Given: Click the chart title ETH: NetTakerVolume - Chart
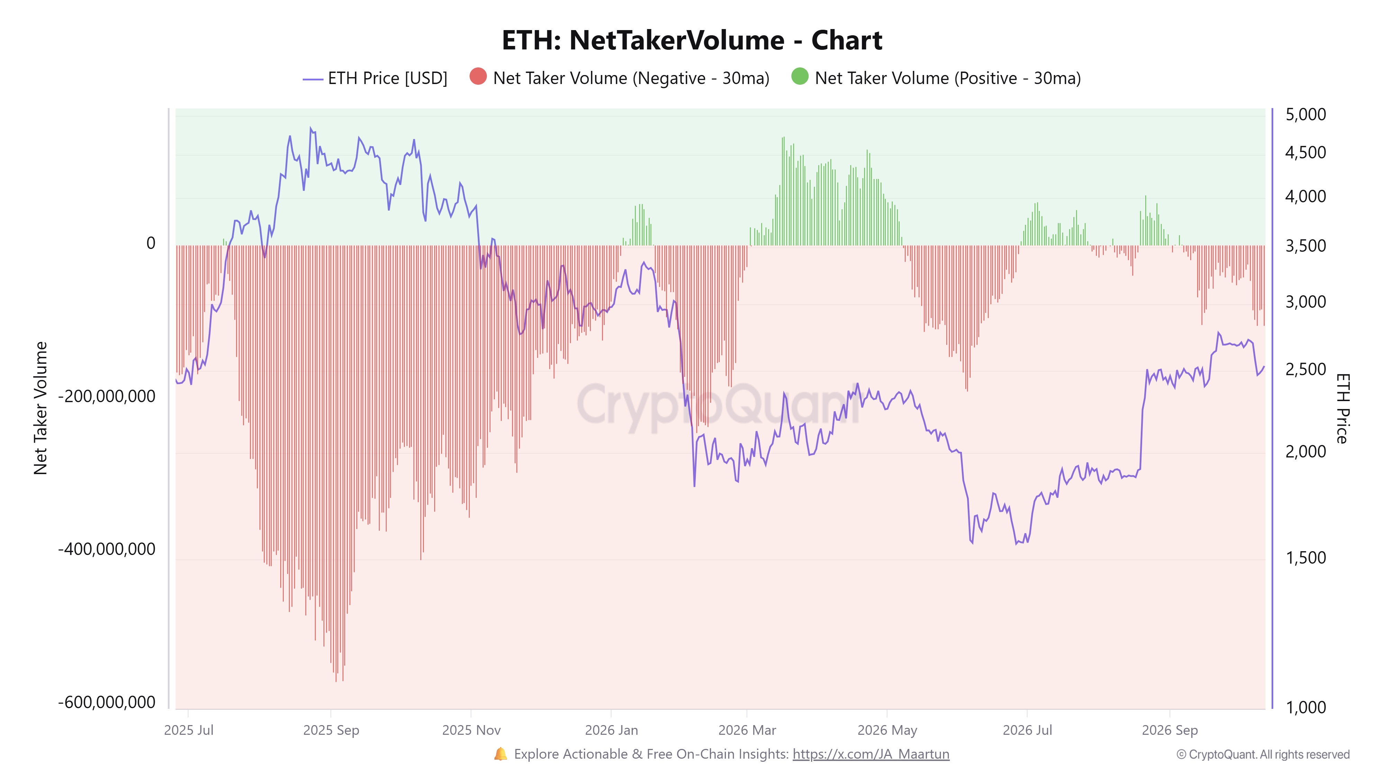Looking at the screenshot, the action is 692,40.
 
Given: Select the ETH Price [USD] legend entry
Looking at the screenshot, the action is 375,78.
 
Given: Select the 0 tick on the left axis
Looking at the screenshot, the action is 151,243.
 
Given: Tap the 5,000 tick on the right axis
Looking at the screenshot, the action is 1305,114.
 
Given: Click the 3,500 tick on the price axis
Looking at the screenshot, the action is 1305,246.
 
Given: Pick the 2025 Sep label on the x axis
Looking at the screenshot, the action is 331,730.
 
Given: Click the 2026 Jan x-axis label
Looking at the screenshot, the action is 611,730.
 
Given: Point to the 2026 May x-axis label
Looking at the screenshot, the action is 887,730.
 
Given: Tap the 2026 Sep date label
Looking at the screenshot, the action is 1169,730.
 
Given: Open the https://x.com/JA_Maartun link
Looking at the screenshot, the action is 871,754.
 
